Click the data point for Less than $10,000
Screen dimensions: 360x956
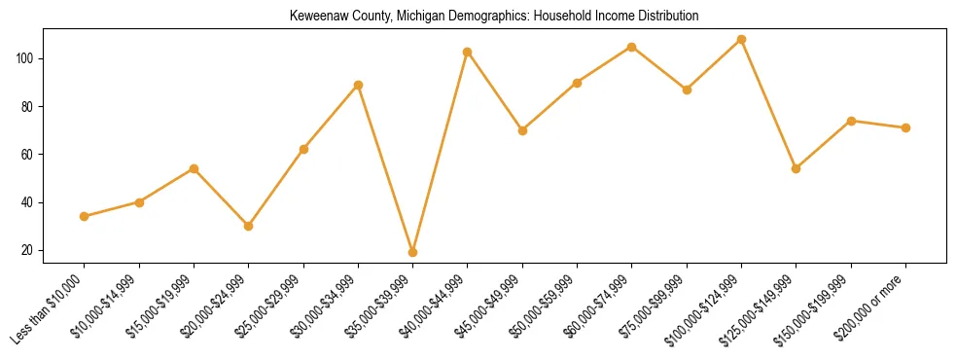click(x=85, y=216)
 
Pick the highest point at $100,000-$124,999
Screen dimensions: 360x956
click(x=742, y=40)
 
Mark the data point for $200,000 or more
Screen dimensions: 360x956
click(x=906, y=127)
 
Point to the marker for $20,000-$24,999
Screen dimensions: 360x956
click(x=249, y=226)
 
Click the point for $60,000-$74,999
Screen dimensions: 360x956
click(x=632, y=47)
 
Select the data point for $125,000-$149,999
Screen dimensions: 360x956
click(x=797, y=168)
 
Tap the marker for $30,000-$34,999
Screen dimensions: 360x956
click(x=359, y=85)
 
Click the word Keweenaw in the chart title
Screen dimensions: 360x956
click(x=318, y=17)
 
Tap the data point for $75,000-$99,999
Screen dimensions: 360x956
click(x=687, y=90)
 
